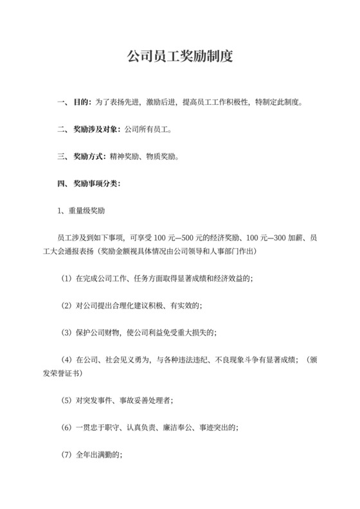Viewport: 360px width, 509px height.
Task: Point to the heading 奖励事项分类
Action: point(96,183)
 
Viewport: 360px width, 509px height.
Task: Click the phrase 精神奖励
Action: point(125,156)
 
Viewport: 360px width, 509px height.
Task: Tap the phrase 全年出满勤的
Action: point(97,454)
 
